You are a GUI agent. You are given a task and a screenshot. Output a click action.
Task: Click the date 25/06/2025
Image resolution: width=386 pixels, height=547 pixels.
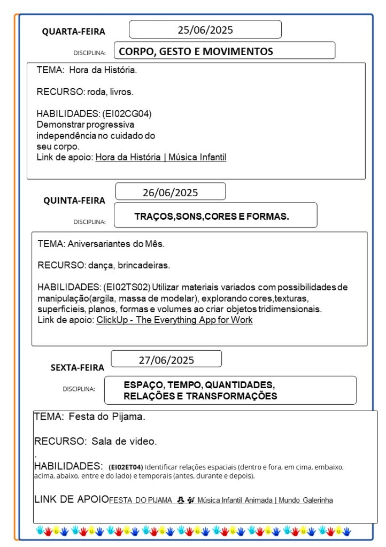click(x=205, y=30)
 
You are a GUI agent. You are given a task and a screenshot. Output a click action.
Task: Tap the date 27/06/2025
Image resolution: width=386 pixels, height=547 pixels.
click(x=166, y=360)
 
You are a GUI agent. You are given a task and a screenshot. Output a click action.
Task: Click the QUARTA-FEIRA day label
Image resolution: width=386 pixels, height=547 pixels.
click(x=74, y=32)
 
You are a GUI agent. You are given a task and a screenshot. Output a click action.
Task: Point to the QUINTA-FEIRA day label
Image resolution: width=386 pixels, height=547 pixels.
click(x=74, y=201)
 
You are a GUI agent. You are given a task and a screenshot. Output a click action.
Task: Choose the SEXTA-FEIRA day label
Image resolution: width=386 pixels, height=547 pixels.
click(x=78, y=368)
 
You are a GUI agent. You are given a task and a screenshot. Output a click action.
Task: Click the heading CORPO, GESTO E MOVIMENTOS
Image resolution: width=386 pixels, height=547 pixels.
click(x=196, y=52)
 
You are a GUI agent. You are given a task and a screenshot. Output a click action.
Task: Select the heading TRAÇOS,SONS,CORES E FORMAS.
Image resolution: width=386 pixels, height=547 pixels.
click(x=212, y=217)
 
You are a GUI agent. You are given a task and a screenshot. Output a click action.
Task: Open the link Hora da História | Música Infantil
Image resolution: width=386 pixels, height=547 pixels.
click(x=161, y=157)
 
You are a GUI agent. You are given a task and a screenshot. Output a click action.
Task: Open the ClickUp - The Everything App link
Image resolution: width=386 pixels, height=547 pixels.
click(x=174, y=320)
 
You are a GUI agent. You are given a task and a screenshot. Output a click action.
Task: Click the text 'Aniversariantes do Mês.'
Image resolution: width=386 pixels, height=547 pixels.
click(x=116, y=244)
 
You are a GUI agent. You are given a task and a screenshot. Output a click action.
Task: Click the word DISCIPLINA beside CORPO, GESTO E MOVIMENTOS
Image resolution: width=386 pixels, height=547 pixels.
click(x=89, y=53)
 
